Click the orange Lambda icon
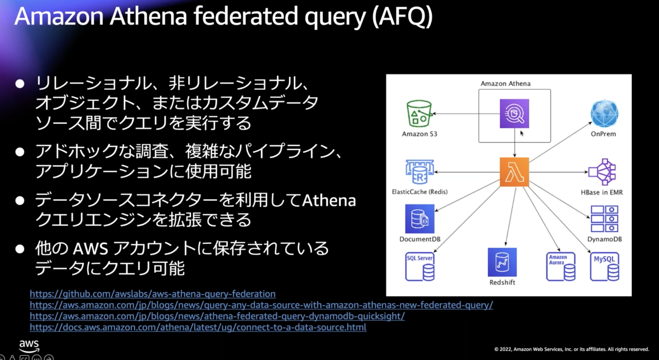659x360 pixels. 514,172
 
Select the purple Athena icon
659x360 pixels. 514,114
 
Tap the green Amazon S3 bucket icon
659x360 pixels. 419,114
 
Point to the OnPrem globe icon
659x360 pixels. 604,114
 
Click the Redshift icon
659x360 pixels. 502,262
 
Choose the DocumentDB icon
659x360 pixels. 420,219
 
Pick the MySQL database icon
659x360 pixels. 605,266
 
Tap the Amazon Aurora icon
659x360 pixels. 561,266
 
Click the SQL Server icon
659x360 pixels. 420,267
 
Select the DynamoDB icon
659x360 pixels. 604,219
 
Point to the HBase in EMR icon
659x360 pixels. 602,172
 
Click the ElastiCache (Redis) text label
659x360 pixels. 420,192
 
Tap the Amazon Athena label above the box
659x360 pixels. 505,83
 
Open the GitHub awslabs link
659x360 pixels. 153,294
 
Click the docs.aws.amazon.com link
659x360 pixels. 198,327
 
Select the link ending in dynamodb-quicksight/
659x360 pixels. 217,316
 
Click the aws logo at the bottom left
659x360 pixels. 29,346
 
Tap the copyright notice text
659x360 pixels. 572,349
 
